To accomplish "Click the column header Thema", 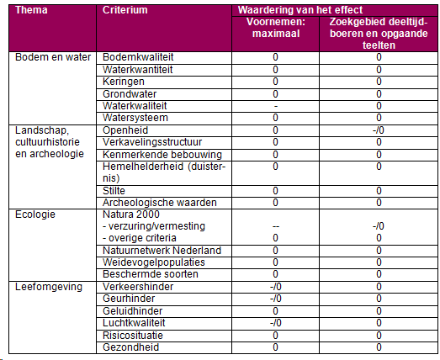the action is [x=31, y=10].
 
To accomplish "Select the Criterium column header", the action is [x=125, y=10].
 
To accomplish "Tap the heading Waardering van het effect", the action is [x=300, y=10].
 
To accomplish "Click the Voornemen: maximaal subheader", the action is [x=276, y=28].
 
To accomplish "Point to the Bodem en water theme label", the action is [x=53, y=57].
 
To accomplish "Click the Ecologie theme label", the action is [x=35, y=214].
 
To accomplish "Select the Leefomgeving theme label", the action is [x=49, y=287].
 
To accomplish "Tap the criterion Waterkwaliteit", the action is [x=135, y=106].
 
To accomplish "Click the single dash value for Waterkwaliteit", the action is [x=276, y=106].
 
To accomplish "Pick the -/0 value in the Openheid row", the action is [x=379, y=130].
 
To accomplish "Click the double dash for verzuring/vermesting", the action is [x=276, y=227].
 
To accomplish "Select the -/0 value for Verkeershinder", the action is [x=276, y=287].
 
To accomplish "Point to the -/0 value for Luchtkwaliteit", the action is [x=276, y=323].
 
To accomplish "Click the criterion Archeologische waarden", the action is [x=160, y=203].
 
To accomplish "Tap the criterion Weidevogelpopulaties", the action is [x=154, y=262].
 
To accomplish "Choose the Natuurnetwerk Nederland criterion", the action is [x=162, y=251].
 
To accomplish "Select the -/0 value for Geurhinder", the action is [x=276, y=299].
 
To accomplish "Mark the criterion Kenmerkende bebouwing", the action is [x=162, y=155].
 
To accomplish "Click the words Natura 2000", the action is [x=131, y=214].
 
